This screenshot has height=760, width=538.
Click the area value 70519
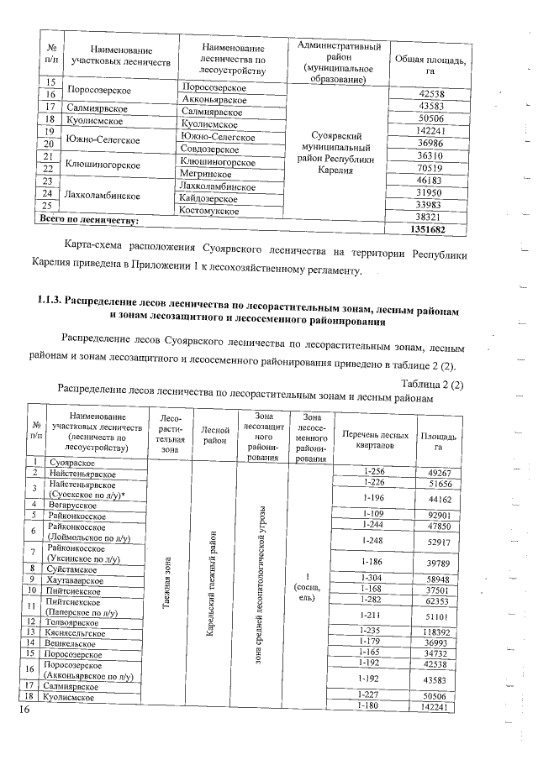click(x=430, y=168)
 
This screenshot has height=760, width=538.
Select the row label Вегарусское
click(x=72, y=505)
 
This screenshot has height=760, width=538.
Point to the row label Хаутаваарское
click(x=76, y=580)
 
